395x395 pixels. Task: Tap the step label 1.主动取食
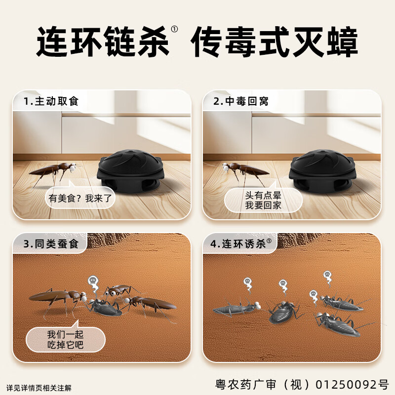(x=51, y=102)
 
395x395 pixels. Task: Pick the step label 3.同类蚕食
(x=51, y=244)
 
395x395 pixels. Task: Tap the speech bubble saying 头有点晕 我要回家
(x=263, y=200)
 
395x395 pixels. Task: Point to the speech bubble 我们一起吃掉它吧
(x=66, y=338)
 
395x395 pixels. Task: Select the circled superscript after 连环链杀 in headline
(x=174, y=29)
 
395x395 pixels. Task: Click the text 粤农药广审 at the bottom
(x=255, y=384)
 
